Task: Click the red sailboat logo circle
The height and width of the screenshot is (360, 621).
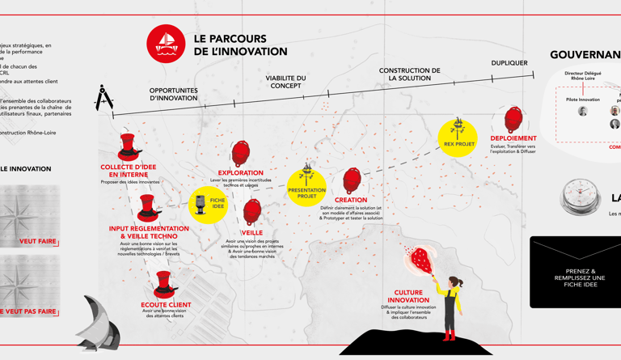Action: (166, 44)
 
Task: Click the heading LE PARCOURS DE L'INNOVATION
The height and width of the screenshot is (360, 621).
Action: (240, 45)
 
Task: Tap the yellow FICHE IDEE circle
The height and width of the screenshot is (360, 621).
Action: (208, 204)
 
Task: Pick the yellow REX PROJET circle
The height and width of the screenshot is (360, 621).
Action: (458, 137)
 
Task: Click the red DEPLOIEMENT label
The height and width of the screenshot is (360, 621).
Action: (513, 138)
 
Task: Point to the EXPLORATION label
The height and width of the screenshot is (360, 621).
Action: (240, 172)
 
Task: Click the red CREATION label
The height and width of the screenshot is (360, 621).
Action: (351, 200)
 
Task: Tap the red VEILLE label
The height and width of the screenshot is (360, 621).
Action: (251, 233)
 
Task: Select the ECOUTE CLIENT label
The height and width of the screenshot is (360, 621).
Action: (166, 305)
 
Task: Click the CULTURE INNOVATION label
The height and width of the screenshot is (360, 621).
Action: (408, 296)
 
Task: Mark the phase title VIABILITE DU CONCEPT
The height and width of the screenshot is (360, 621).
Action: (285, 82)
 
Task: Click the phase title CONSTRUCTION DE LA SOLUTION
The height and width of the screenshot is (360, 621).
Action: (409, 74)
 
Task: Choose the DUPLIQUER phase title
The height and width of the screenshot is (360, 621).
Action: (509, 63)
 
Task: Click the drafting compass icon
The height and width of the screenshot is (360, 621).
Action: (104, 98)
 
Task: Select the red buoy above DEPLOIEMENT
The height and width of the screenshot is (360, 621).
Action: (513, 120)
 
